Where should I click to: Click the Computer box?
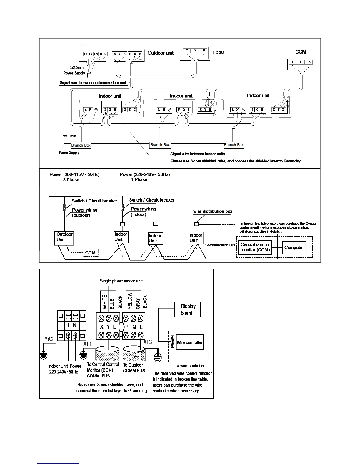click(294, 247)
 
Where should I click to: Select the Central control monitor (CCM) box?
click(255, 247)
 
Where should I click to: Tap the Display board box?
click(187, 309)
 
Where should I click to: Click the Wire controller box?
click(189, 342)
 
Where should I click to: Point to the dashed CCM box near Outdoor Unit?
click(90, 253)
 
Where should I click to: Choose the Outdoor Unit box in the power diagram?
click(64, 237)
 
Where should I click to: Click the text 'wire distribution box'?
click(213, 211)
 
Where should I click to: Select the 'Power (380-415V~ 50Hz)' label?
click(74, 174)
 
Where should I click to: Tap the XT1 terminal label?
click(87, 344)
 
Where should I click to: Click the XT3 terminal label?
click(148, 342)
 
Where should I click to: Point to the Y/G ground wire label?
click(49, 339)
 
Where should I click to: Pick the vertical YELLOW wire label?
click(130, 300)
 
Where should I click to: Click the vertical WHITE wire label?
click(104, 302)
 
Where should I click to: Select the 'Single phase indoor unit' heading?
click(121, 281)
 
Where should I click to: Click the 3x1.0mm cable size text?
click(69, 136)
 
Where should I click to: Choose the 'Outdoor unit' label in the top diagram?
click(160, 53)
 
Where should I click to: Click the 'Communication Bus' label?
click(220, 245)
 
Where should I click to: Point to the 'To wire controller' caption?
click(190, 365)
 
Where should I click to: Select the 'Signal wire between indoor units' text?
click(197, 154)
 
